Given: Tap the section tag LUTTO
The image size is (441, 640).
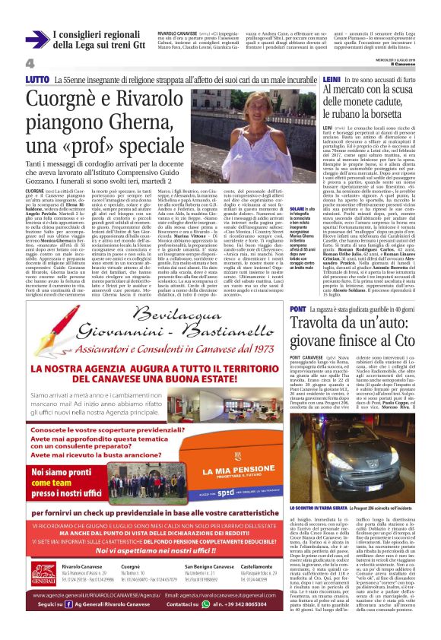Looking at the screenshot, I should (x=36, y=79).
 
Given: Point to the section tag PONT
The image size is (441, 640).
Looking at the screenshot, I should (x=298, y=309).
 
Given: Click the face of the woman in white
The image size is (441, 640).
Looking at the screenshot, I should (x=246, y=119).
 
